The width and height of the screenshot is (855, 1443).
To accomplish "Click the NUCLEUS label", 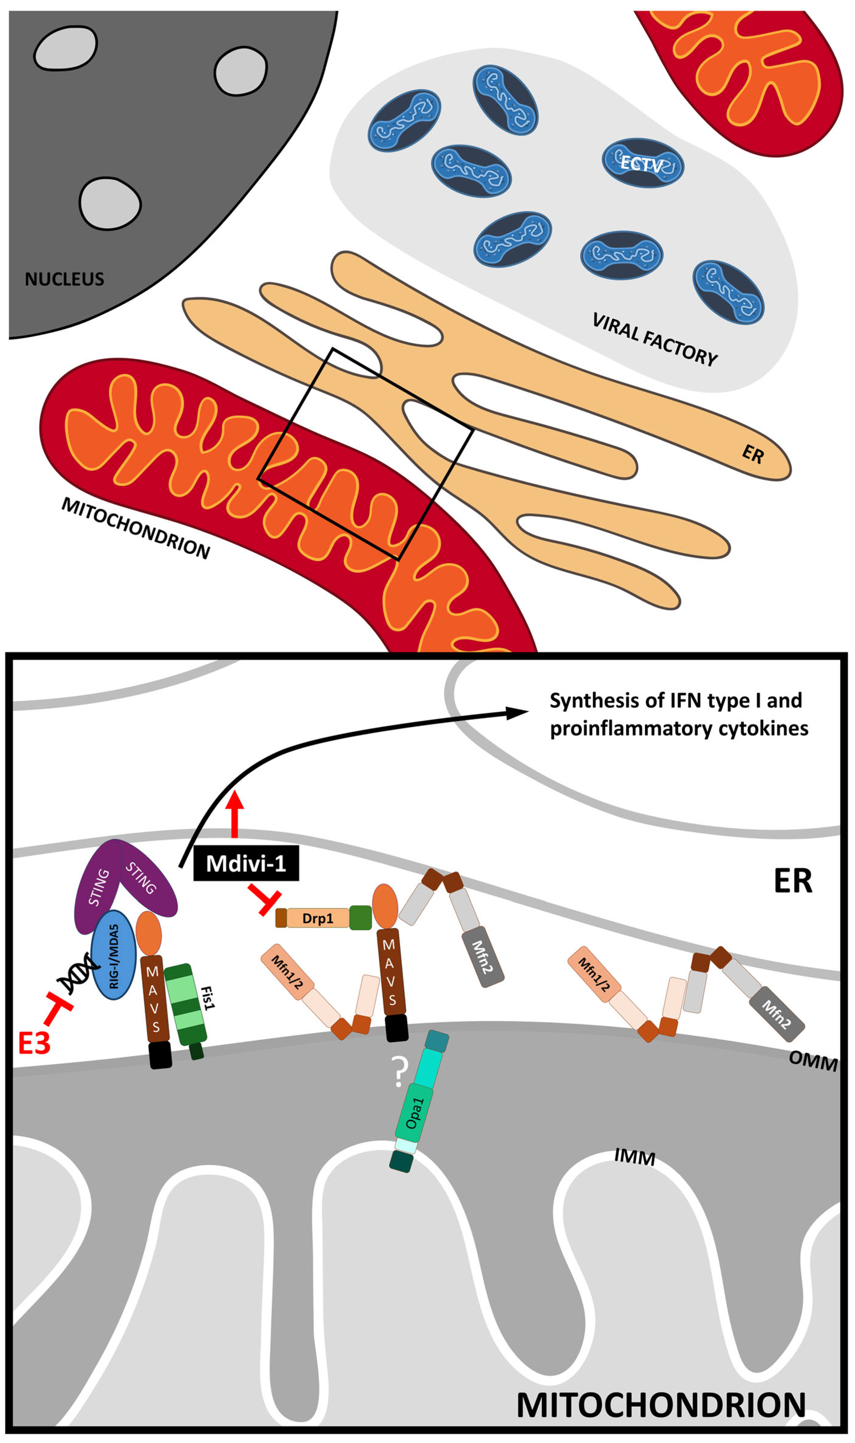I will (65, 279).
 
